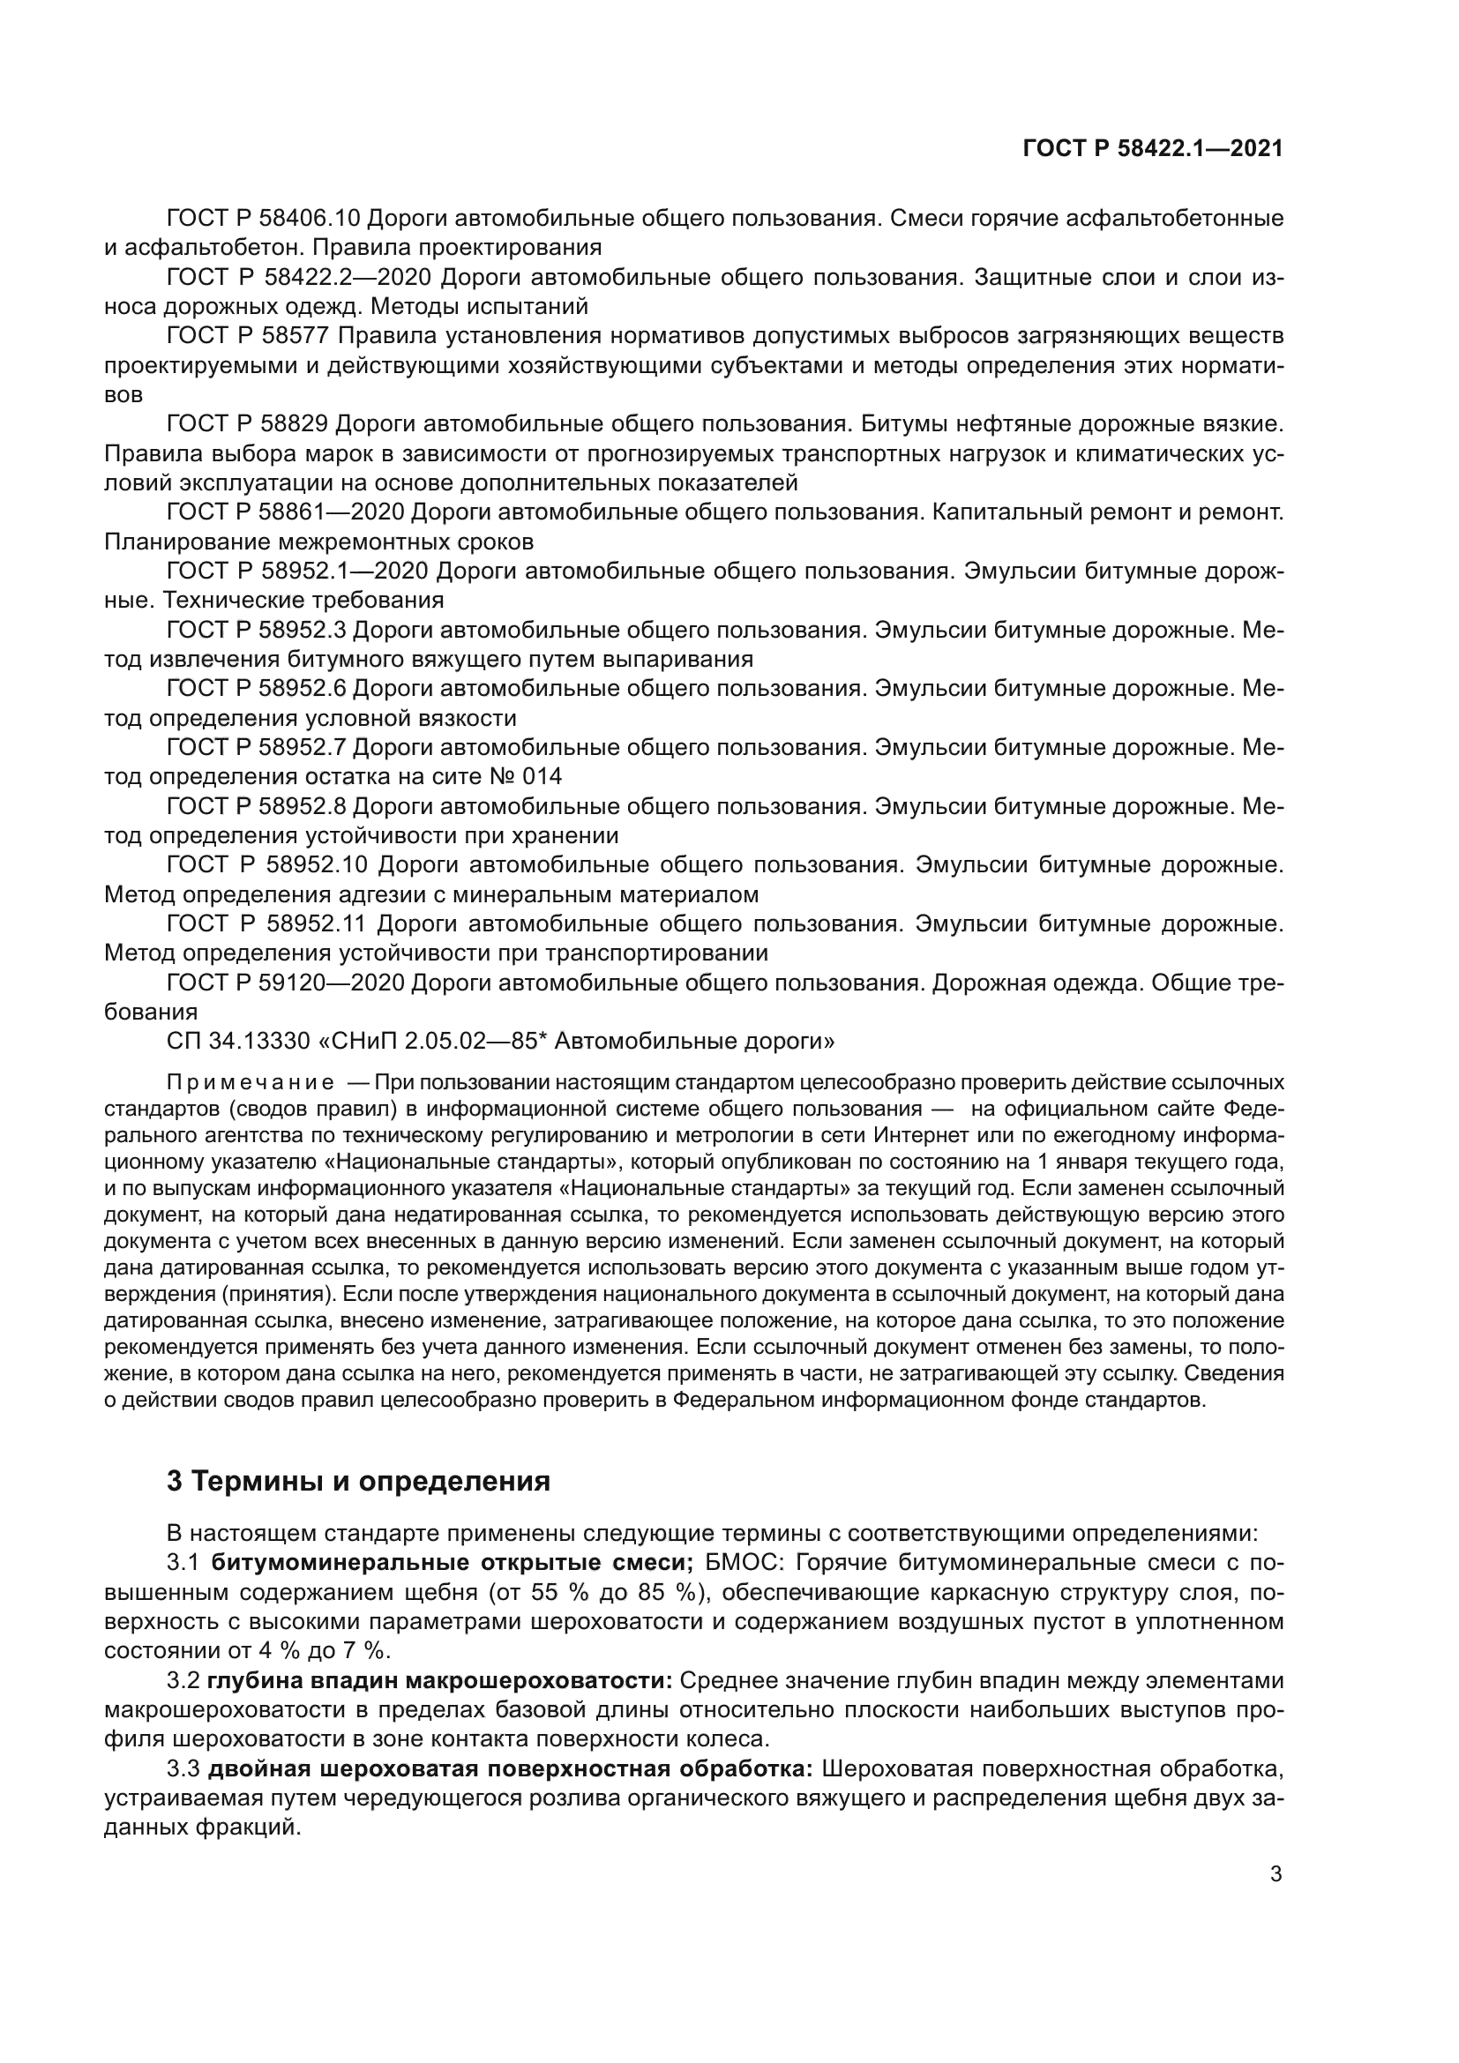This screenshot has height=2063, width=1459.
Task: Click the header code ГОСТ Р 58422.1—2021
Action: [x=1153, y=148]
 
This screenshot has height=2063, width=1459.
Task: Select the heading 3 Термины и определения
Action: [x=358, y=1480]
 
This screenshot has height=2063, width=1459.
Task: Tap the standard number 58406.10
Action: [x=310, y=218]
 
